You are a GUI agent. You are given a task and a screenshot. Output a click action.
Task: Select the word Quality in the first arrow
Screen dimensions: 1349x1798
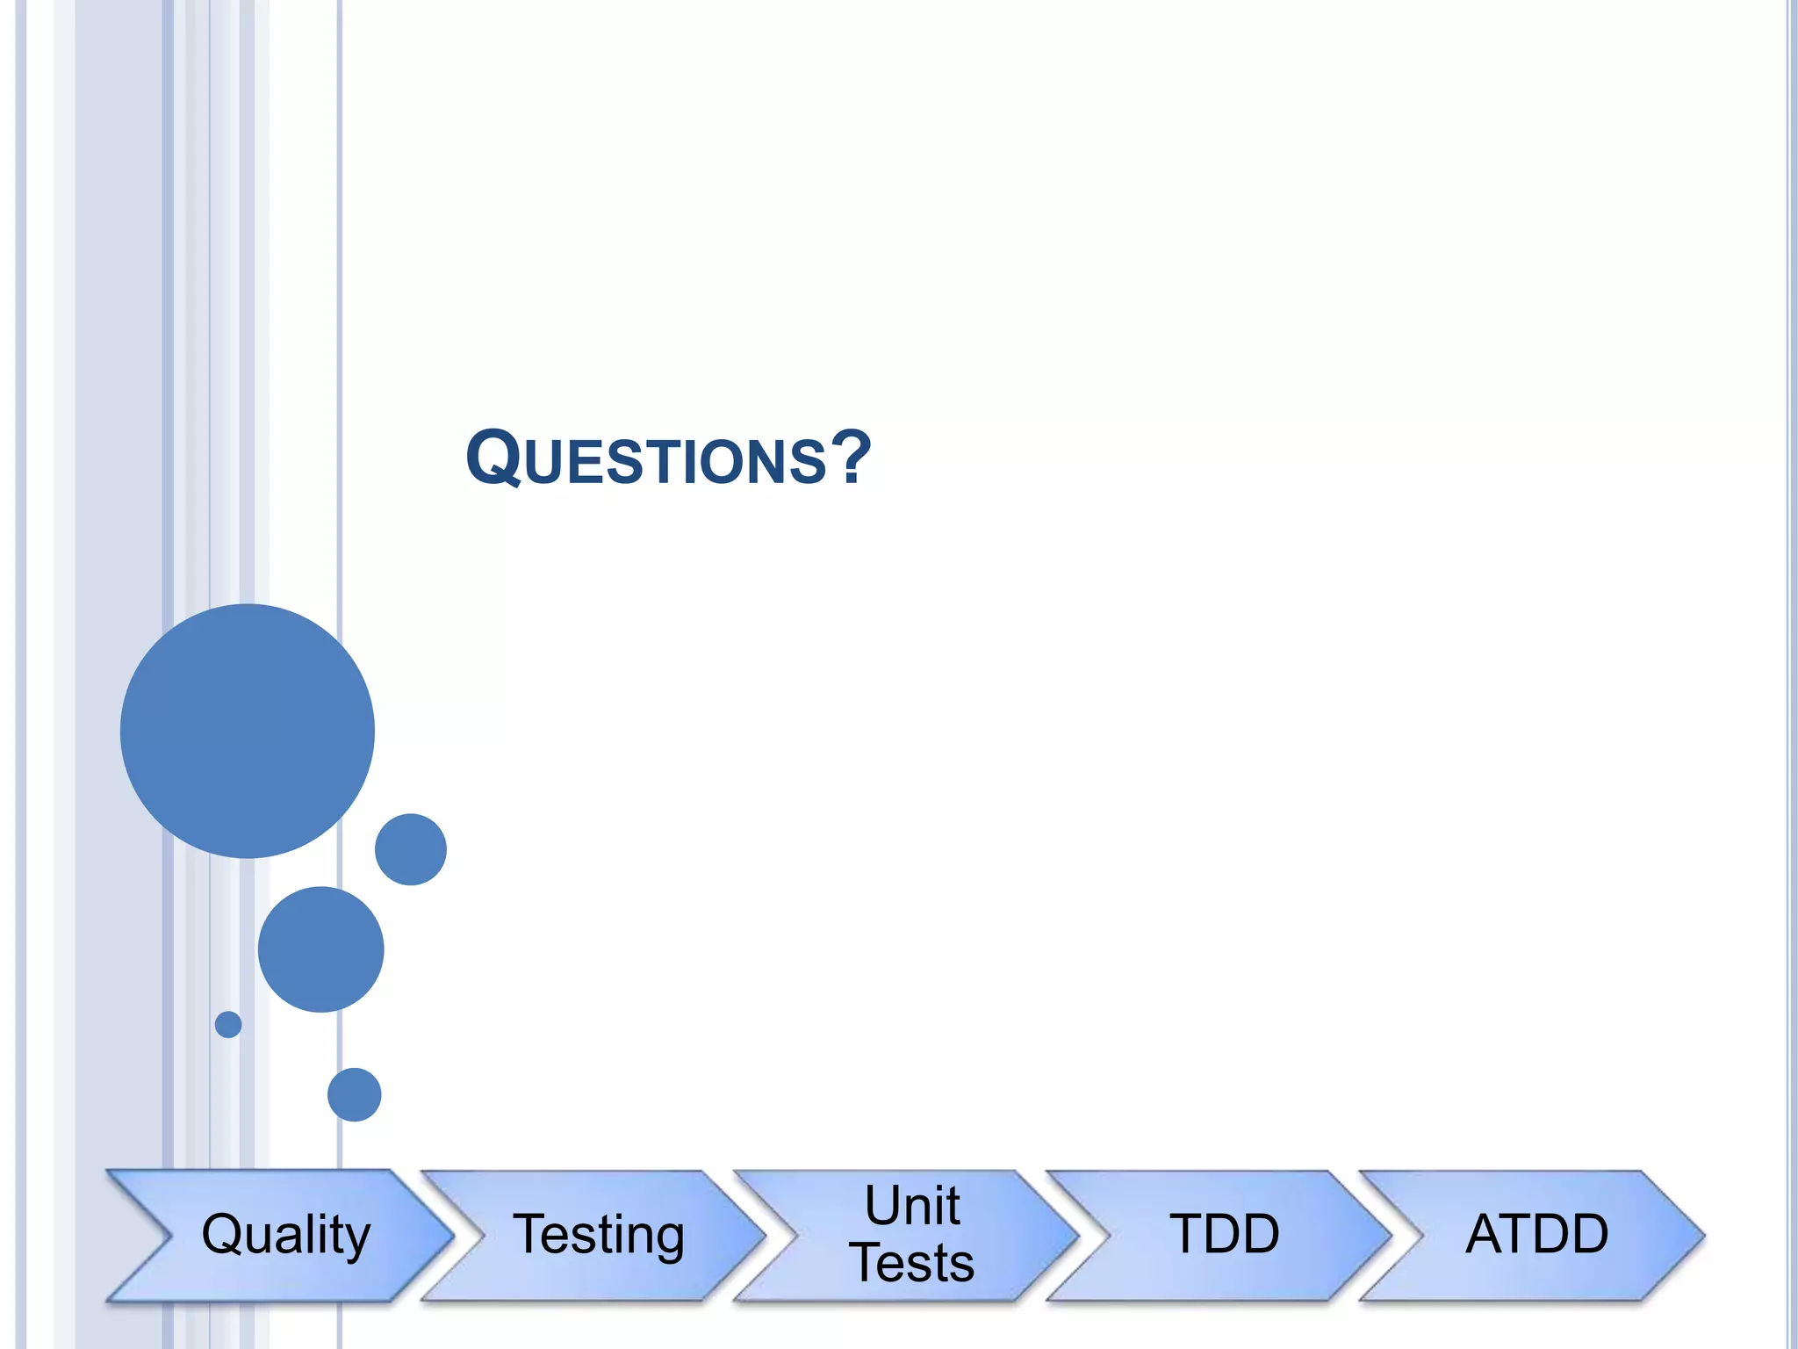[285, 1234]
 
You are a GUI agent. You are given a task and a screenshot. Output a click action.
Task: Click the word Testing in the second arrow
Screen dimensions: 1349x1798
[599, 1234]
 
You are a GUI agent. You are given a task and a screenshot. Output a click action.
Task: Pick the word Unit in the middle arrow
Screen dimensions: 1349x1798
[912, 1205]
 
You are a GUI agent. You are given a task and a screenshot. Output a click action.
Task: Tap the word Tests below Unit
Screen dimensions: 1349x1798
[912, 1263]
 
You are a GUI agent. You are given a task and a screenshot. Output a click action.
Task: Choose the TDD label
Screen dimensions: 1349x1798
[1225, 1234]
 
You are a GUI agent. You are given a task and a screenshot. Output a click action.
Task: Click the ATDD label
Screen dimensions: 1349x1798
[1537, 1234]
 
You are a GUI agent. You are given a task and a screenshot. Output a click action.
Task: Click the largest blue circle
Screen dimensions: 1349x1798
[248, 731]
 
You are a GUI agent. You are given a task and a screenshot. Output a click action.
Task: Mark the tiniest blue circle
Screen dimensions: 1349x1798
[228, 1024]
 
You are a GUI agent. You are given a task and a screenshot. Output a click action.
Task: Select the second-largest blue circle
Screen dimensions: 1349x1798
[321, 949]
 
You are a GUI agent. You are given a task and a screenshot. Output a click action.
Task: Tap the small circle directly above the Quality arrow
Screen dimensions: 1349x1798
[355, 1094]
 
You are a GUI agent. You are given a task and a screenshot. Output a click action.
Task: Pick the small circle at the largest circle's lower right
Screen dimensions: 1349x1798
[411, 849]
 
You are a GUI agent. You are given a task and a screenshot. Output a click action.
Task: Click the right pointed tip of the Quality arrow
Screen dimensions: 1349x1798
[451, 1236]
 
